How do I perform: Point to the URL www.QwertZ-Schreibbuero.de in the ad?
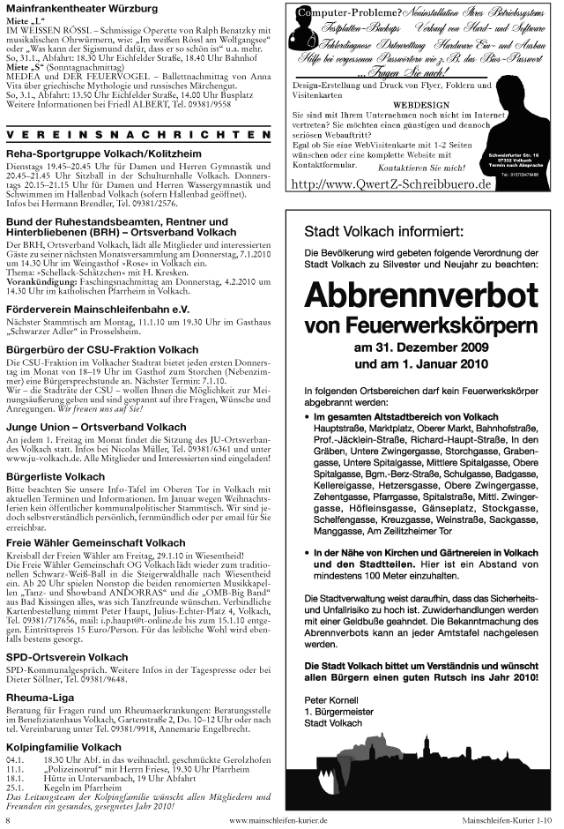point(390,184)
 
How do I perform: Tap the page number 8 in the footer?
point(7,819)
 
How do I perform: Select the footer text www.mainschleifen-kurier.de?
point(278,819)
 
